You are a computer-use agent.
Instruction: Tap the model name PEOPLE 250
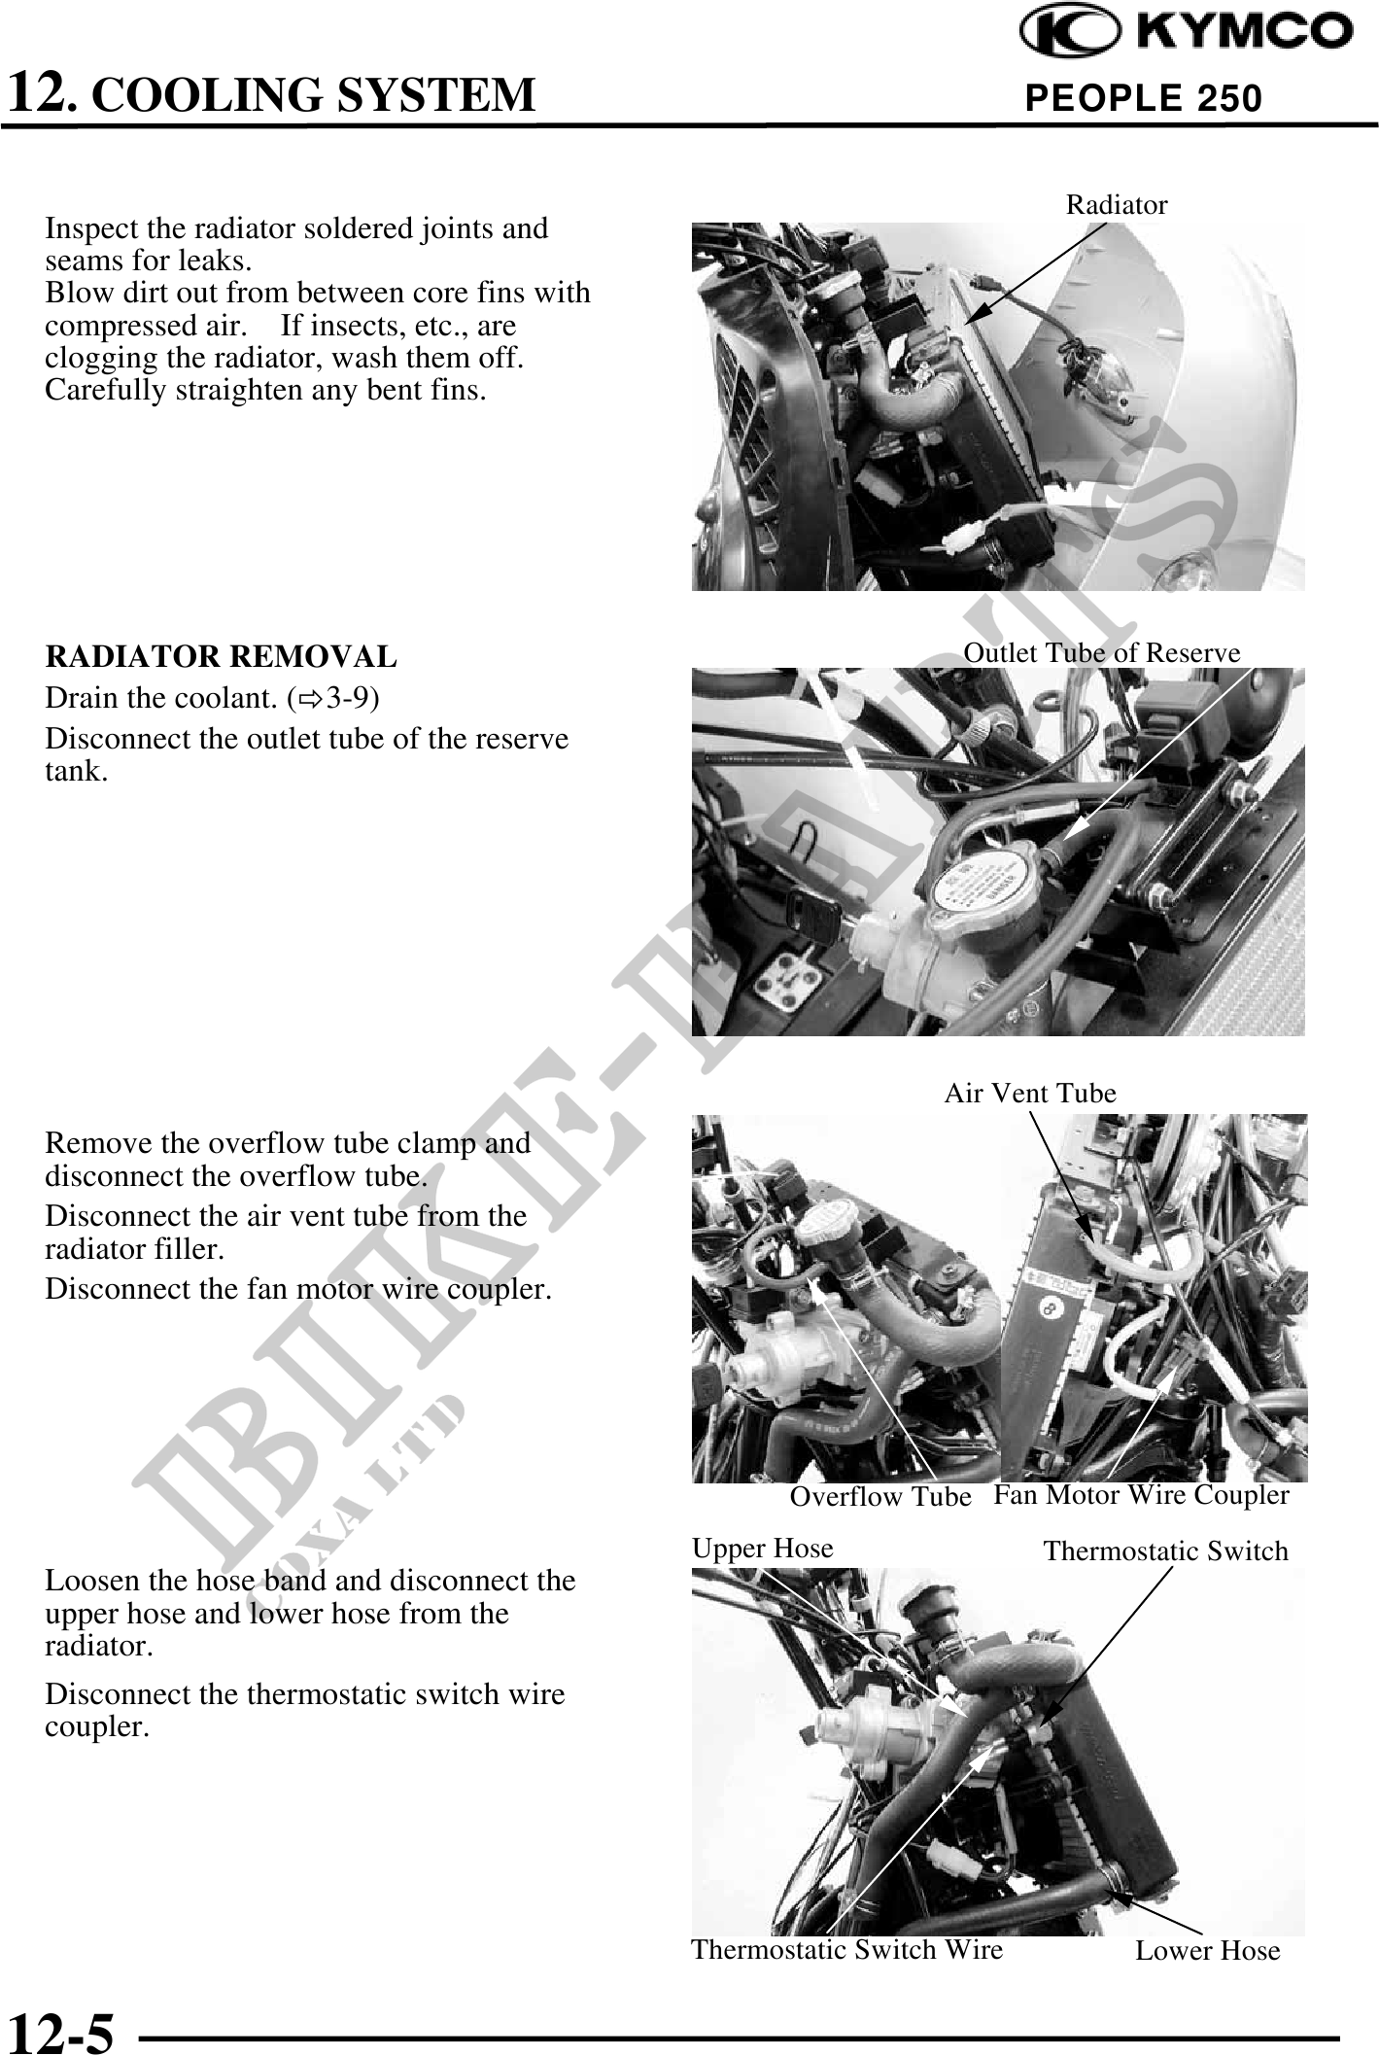click(x=1144, y=98)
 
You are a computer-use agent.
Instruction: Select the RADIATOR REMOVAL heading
click(x=222, y=657)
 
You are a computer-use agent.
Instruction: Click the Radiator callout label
click(x=1117, y=205)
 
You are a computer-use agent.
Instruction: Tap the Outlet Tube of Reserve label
click(x=1102, y=653)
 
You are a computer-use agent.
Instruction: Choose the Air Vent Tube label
click(x=1030, y=1094)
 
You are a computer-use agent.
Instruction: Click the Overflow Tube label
click(x=880, y=1497)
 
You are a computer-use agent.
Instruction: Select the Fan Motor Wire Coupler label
click(x=1141, y=1495)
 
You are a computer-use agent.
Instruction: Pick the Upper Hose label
click(x=763, y=1548)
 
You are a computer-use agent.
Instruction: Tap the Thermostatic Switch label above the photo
click(x=1165, y=1551)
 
